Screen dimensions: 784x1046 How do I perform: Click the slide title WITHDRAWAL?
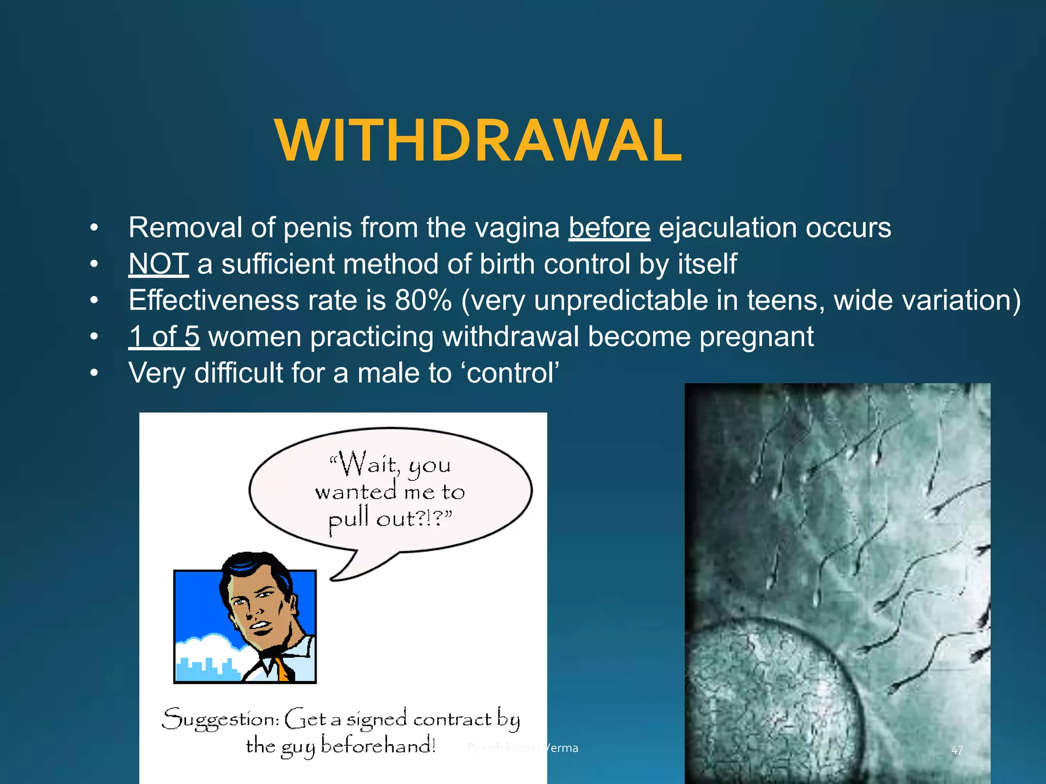pos(478,140)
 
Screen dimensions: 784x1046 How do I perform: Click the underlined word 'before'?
pos(609,228)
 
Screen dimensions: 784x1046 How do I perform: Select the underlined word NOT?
pos(158,264)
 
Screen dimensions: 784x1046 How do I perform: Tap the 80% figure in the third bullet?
pos(423,300)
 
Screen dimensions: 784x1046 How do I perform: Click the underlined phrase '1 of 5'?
pos(164,337)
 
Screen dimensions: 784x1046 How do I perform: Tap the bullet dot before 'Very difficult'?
pos(94,373)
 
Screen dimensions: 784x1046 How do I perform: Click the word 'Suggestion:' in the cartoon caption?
pos(221,720)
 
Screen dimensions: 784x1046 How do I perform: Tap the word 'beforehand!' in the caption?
pos(378,746)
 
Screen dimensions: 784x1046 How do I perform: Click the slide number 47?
pos(957,750)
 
